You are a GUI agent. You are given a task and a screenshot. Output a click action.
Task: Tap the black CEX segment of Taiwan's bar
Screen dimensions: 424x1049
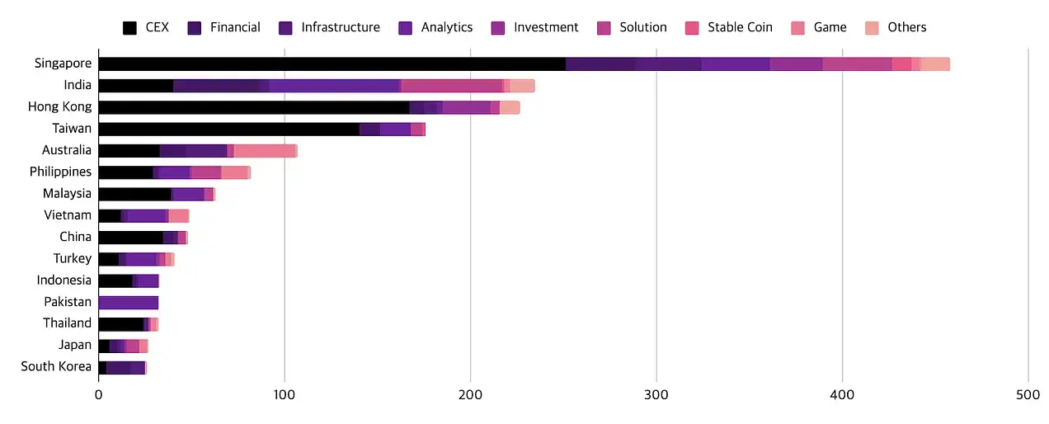click(x=228, y=129)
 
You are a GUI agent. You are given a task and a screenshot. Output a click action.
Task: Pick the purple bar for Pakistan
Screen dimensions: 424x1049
click(x=128, y=302)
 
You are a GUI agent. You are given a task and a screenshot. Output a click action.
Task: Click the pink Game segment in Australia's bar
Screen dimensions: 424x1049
click(x=264, y=150)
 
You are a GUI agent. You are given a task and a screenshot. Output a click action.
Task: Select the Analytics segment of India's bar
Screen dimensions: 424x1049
click(x=334, y=86)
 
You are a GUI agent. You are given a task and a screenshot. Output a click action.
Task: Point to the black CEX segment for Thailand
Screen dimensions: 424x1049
click(x=120, y=323)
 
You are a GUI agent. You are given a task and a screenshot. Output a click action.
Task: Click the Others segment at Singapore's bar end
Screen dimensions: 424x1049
click(x=934, y=64)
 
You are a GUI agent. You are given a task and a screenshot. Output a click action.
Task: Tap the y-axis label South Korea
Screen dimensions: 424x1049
click(x=56, y=366)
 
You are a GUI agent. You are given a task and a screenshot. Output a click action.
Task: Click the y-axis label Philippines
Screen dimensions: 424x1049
click(x=60, y=172)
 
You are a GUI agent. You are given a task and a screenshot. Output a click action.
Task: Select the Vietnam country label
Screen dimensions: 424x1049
click(x=68, y=215)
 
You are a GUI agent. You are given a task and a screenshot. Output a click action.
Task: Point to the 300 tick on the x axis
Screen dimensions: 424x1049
click(x=656, y=395)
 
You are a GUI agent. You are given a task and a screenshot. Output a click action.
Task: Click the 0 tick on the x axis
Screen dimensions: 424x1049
click(x=98, y=395)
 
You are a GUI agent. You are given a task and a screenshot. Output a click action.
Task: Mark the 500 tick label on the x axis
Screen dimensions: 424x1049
click(x=1028, y=395)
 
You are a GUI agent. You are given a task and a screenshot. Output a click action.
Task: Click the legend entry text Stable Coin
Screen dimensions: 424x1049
click(x=741, y=27)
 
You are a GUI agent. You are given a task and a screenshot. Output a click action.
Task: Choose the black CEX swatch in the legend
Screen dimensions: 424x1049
click(x=129, y=28)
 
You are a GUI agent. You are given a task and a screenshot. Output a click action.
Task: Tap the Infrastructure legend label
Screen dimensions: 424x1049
click(x=340, y=27)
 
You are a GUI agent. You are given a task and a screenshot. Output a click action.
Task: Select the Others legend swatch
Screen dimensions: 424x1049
click(x=873, y=28)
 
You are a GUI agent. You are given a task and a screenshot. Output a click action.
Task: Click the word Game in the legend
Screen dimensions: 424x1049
click(x=830, y=27)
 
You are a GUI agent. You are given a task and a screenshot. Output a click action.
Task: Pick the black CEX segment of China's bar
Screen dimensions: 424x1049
click(x=130, y=238)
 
